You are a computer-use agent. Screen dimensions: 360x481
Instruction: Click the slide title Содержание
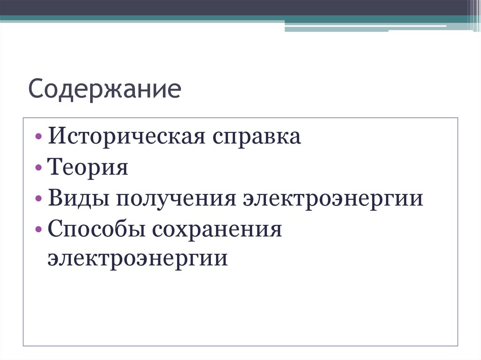pos(104,90)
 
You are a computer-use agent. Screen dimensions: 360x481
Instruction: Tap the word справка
pos(256,138)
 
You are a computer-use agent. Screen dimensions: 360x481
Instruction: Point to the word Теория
pos(87,168)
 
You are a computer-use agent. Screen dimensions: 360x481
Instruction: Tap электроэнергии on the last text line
pos(137,259)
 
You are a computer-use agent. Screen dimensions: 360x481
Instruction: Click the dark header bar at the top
pos(235,8)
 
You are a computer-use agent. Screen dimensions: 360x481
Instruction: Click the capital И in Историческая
pos(54,137)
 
